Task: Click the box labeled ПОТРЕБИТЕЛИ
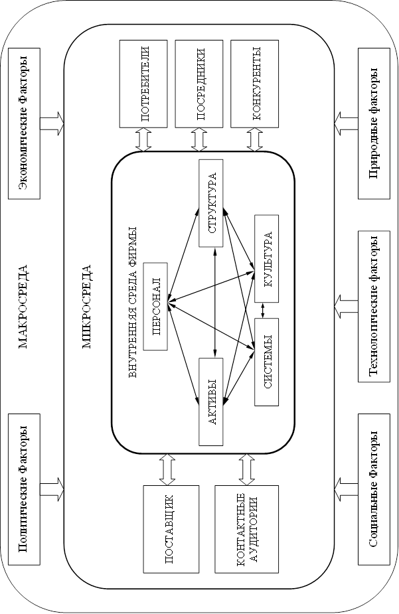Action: pos(144,84)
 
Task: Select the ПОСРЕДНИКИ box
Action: pos(199,84)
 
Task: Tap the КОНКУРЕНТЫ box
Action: pos(255,84)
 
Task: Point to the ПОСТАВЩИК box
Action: pos(171,529)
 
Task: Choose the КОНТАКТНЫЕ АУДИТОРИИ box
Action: pos(246,529)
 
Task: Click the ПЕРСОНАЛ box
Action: pos(155,307)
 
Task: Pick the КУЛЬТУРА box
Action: pos(266,259)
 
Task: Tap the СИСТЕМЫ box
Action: pos(266,362)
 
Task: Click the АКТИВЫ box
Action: pos(210,402)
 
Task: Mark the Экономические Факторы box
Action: pos(24,124)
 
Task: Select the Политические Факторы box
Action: pos(24,490)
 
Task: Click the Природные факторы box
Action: pos(374,124)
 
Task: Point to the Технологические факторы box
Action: pos(374,307)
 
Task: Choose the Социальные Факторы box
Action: pos(374,490)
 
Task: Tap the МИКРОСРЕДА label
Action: pos(86,307)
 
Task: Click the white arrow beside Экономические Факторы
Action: pos(52,124)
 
